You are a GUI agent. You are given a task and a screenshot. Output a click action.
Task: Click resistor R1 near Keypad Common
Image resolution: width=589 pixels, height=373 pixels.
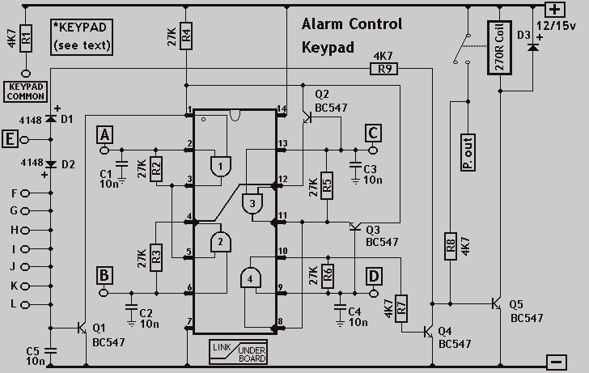point(26,38)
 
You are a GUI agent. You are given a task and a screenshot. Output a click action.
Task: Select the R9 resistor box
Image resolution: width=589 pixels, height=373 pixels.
point(383,69)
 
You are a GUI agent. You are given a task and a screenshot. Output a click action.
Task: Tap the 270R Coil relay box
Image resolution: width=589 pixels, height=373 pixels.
point(500,48)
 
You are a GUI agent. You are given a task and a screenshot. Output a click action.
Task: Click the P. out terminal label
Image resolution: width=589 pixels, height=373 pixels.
point(468,152)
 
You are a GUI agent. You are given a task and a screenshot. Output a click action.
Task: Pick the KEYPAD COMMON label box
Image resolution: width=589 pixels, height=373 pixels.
point(26,91)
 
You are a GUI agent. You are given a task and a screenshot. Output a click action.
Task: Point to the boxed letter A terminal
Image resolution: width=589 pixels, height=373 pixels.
point(104,134)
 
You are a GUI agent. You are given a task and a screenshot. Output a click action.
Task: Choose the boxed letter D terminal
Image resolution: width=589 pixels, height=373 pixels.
point(374,276)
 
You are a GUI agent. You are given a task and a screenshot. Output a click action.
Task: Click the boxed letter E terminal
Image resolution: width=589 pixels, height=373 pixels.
point(10,139)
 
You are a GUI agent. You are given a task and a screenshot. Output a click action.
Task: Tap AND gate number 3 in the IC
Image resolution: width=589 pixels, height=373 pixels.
point(252,203)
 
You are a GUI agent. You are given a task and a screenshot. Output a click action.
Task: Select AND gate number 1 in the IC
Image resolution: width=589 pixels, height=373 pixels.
point(221,167)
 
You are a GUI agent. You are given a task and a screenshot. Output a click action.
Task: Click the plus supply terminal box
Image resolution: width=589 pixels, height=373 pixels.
point(555,10)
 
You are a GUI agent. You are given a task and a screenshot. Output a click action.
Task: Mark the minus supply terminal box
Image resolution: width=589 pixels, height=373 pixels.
point(557,362)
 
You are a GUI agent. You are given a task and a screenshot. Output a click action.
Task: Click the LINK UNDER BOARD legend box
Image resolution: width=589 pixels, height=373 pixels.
point(238,352)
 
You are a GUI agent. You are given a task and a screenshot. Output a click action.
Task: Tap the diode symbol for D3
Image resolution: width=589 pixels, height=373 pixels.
point(532,47)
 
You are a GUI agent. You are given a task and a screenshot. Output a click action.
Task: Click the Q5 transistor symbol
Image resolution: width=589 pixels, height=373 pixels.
point(496,303)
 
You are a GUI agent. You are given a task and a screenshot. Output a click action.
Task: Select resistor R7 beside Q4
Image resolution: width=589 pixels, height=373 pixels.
point(401,308)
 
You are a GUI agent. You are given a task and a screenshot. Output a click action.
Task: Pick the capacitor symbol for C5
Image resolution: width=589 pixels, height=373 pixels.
point(50,350)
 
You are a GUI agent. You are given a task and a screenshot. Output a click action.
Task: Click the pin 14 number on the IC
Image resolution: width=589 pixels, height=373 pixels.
point(282,108)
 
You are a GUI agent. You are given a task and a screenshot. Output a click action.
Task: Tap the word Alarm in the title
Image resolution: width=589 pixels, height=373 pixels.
point(322,24)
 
